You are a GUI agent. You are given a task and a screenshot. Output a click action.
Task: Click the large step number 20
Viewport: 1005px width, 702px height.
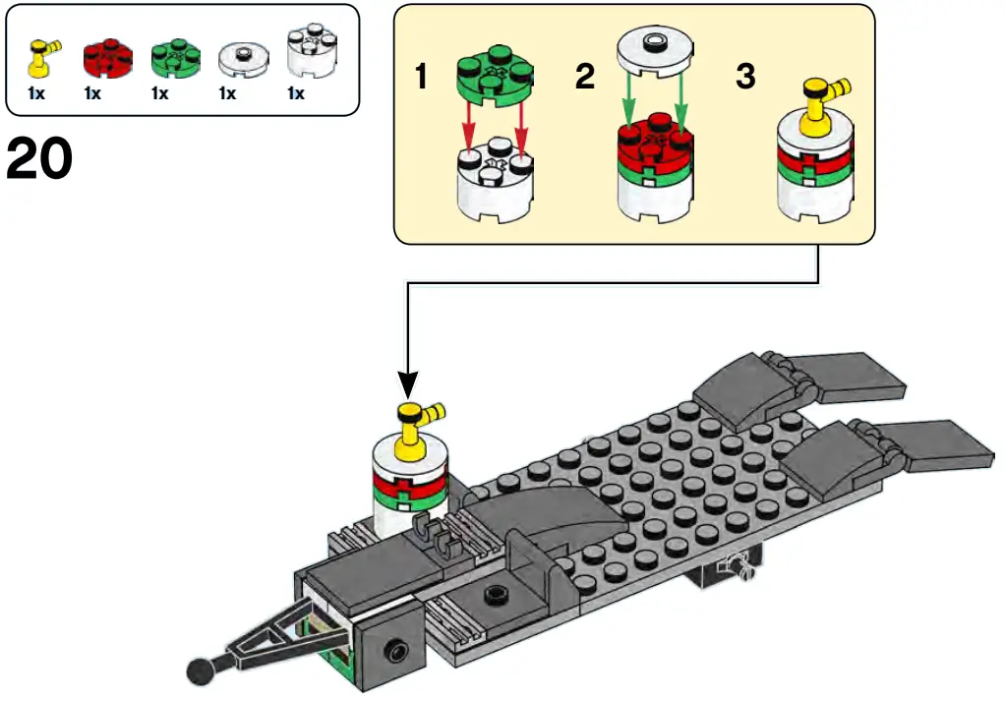tap(39, 158)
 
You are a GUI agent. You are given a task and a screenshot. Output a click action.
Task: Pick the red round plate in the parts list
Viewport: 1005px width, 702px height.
tap(108, 58)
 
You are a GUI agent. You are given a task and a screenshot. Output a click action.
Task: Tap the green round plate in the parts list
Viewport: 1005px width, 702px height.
tap(176, 58)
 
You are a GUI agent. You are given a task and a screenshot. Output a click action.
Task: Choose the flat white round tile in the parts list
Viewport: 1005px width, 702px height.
tap(243, 60)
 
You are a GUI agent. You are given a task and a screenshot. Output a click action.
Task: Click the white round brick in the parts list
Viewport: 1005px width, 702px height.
tap(313, 51)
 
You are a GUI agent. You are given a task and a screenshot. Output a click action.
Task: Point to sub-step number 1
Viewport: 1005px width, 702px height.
tap(421, 77)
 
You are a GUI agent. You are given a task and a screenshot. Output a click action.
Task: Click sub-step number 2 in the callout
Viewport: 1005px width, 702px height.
tap(584, 77)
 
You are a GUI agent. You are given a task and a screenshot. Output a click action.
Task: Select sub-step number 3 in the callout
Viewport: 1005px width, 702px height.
tap(745, 77)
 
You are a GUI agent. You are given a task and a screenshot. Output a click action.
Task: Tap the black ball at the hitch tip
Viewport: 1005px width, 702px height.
tap(202, 671)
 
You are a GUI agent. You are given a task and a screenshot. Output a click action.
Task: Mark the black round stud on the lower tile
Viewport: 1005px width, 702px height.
tap(496, 594)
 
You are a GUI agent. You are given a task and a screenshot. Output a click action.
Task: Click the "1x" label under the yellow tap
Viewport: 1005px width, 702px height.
tap(36, 93)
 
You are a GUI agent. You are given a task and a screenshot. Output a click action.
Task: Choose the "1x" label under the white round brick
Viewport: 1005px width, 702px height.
tap(295, 93)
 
